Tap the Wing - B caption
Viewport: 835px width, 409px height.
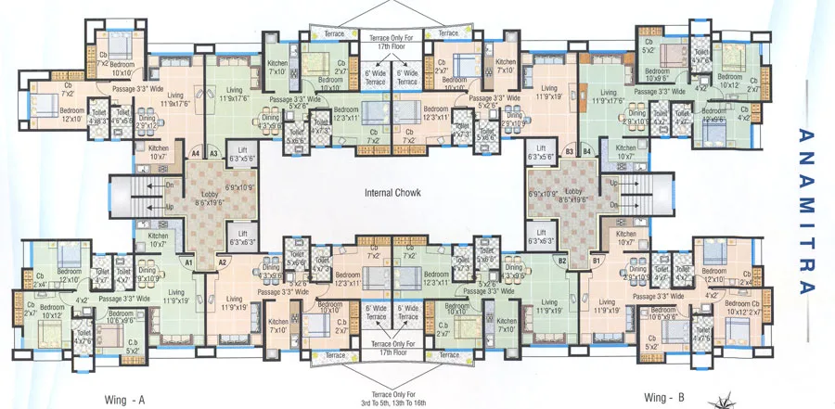click(x=666, y=397)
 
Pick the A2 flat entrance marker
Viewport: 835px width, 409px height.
click(x=223, y=262)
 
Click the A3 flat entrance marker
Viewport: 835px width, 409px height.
click(x=213, y=152)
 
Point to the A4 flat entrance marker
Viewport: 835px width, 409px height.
click(x=196, y=152)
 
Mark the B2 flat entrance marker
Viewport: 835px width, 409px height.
click(x=562, y=262)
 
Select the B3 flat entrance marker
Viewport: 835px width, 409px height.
click(x=570, y=150)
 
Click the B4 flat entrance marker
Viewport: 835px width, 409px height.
click(x=586, y=150)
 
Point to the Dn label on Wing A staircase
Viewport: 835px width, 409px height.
click(x=168, y=185)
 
